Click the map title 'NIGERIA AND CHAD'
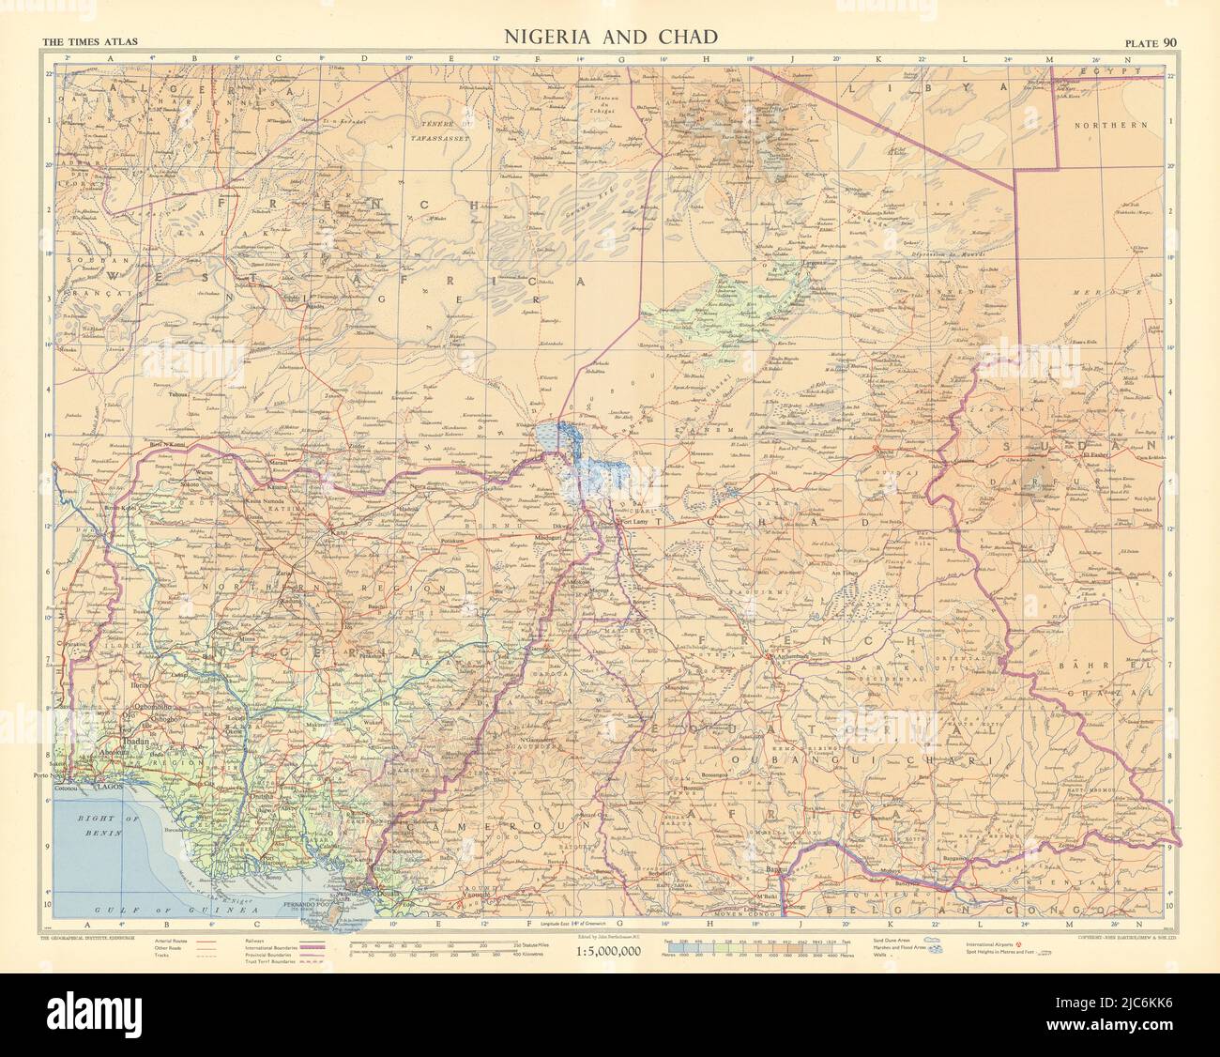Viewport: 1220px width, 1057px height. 612,38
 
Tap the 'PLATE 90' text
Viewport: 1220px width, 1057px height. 1150,40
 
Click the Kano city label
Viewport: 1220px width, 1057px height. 336,534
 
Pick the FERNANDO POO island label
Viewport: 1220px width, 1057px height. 348,907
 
